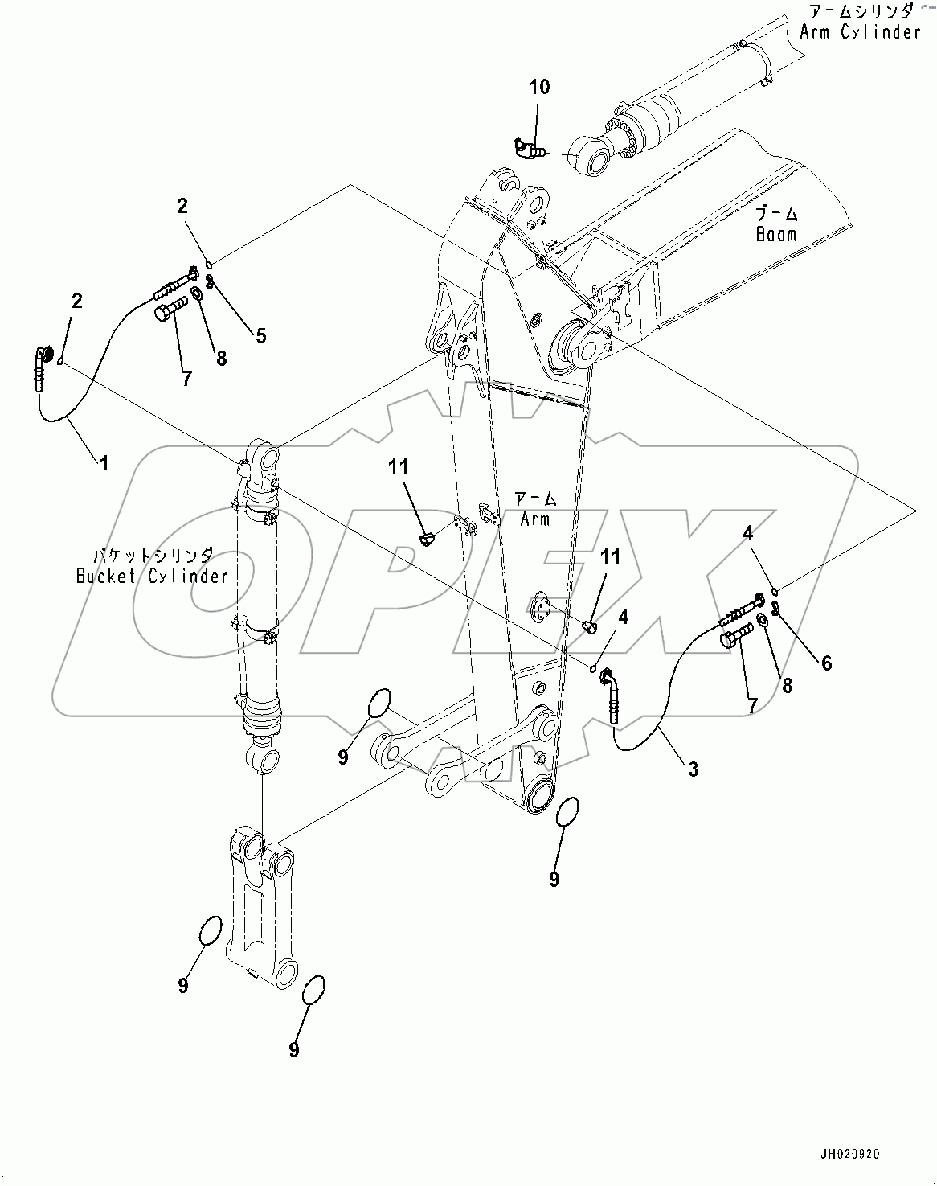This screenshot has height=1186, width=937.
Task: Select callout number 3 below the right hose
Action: click(693, 769)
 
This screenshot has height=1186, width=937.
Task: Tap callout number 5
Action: click(260, 336)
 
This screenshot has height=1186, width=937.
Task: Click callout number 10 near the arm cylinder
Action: click(539, 86)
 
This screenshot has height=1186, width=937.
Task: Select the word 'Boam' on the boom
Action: click(775, 234)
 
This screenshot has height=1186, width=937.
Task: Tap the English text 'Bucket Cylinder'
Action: click(152, 576)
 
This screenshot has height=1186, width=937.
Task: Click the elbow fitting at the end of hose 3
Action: click(609, 681)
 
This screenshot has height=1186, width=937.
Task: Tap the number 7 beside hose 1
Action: click(186, 379)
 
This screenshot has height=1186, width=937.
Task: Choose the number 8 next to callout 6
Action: click(787, 685)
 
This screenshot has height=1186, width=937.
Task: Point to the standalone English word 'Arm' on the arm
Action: click(534, 519)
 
